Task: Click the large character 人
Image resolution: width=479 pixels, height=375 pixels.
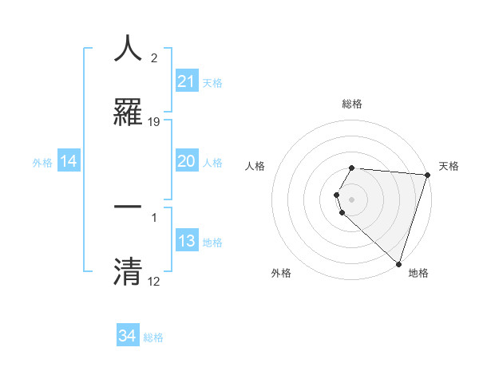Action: pyautogui.click(x=128, y=49)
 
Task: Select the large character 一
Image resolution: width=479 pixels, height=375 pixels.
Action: pyautogui.click(x=128, y=205)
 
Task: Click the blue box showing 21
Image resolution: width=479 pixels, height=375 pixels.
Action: pyautogui.click(x=186, y=81)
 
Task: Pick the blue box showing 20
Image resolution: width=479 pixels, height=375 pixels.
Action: pyautogui.click(x=186, y=161)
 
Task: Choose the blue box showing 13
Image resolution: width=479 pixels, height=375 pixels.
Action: pyautogui.click(x=186, y=241)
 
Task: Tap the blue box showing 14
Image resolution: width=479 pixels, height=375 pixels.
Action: pyautogui.click(x=69, y=161)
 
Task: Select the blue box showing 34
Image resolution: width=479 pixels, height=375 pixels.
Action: pyautogui.click(x=127, y=336)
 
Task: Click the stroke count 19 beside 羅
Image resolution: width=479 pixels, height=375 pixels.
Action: pyautogui.click(x=154, y=122)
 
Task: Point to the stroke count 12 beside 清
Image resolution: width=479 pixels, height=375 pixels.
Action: pyautogui.click(x=154, y=282)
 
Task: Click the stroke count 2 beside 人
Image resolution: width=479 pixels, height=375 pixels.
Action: pyautogui.click(x=154, y=58)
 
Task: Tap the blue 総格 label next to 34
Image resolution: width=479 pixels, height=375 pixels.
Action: pyautogui.click(x=153, y=337)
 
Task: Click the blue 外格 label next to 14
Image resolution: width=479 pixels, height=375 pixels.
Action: pyautogui.click(x=42, y=163)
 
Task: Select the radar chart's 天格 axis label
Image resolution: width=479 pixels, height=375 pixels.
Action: pyautogui.click(x=449, y=166)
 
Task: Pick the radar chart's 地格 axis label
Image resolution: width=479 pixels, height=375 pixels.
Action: pyautogui.click(x=418, y=273)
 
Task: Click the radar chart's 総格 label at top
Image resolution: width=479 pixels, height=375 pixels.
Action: pyautogui.click(x=352, y=104)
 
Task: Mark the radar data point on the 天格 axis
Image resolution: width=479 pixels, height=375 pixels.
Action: pyautogui.click(x=427, y=175)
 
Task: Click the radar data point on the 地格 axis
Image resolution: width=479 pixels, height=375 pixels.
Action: pyautogui.click(x=398, y=263)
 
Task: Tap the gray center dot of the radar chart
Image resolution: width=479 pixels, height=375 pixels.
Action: pyautogui.click(x=352, y=199)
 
